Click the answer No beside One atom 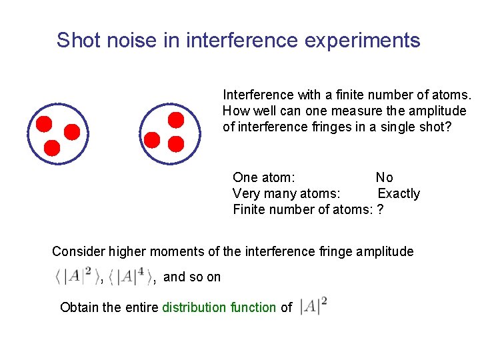384,177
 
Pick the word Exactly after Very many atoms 399,194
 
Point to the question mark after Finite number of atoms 380,210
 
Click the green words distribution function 219,307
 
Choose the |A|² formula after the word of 313,307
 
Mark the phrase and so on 192,277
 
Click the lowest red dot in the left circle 52,147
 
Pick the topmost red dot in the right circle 175,120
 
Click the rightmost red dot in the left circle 71,131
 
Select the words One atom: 264,177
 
